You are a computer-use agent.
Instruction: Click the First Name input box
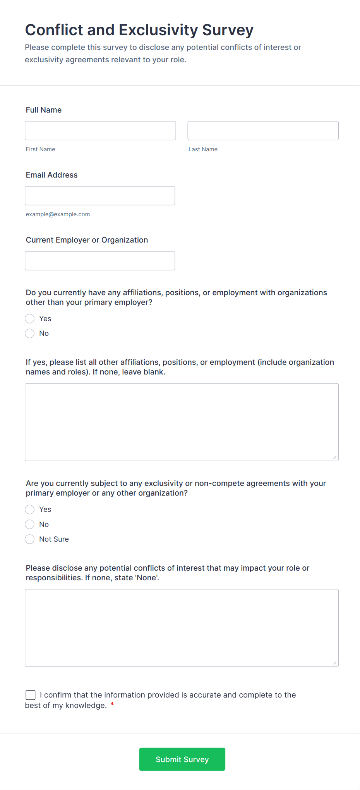coord(100,131)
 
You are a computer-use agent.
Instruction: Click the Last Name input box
coord(263,131)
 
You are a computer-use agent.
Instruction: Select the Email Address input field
coord(100,196)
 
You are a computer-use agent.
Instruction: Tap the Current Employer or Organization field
coord(100,261)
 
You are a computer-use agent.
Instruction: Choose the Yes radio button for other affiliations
coord(30,319)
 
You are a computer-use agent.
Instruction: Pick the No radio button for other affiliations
coord(30,333)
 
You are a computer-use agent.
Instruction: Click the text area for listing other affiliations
coord(182,422)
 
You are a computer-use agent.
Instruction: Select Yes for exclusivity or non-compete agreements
coord(30,510)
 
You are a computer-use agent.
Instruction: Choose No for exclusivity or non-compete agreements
coord(30,525)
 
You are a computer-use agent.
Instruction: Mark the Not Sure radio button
coord(30,539)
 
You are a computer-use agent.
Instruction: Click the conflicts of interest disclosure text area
coord(182,628)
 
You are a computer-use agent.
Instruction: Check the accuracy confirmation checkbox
coord(31,695)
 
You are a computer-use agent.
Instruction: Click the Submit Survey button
coord(182,759)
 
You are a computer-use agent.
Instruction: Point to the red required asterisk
coord(112,705)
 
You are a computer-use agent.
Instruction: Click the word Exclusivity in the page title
coord(158,30)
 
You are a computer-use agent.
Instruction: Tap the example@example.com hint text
coord(58,214)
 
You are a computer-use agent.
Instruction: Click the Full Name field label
coord(44,110)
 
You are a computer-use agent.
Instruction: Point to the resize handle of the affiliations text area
coord(335,457)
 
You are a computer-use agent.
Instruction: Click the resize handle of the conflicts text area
coord(335,663)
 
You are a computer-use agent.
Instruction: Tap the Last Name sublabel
coord(203,149)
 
